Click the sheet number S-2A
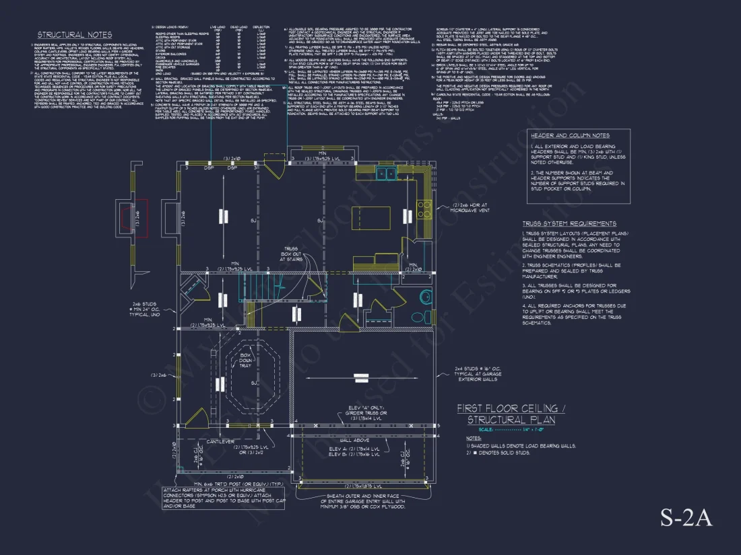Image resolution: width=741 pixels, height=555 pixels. click(685, 519)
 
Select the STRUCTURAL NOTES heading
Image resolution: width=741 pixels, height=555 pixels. click(75, 35)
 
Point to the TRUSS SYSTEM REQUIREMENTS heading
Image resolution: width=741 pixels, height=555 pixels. click(569, 223)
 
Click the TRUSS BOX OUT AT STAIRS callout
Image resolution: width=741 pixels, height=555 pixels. click(290, 254)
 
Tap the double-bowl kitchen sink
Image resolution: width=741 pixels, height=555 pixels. click(387, 174)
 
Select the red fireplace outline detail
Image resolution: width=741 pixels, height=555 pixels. click(141, 218)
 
